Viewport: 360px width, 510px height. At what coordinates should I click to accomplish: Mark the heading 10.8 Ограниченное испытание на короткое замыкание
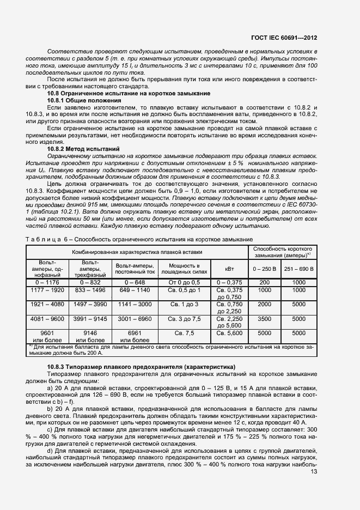pos(120,94)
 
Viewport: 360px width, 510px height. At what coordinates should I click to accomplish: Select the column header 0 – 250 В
pos(264,269)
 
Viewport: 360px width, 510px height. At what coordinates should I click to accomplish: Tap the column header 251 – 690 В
pos(299,269)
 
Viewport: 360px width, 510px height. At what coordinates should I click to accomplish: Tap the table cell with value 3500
pos(264,318)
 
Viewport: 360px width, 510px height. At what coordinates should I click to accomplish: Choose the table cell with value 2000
pos(264,303)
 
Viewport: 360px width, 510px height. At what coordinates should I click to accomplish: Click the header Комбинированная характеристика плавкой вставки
pos(137,252)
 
